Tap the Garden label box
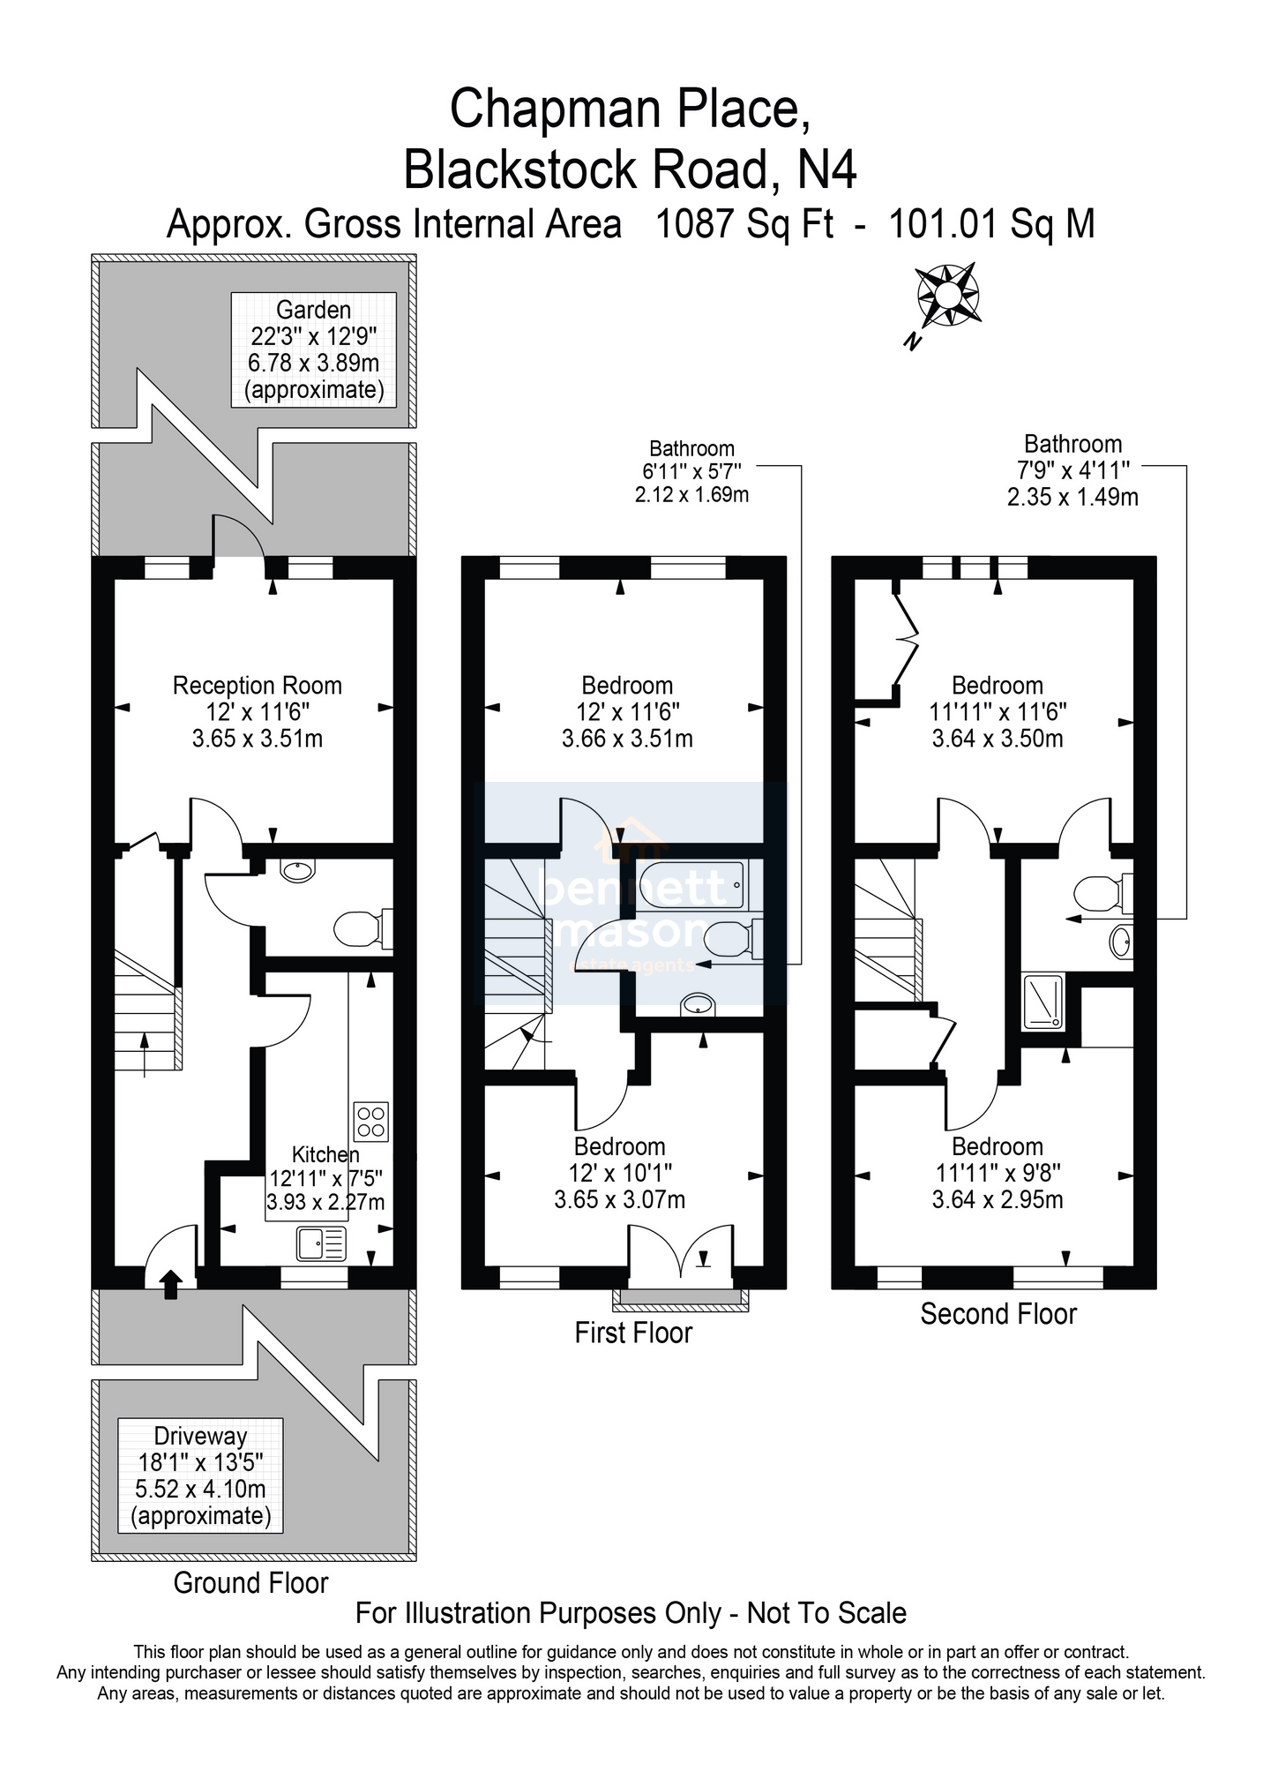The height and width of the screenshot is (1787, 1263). point(314,349)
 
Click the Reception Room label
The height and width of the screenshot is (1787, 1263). point(257,686)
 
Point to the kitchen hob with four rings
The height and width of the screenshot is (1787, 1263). point(371,1121)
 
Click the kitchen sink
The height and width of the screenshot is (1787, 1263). point(322,1244)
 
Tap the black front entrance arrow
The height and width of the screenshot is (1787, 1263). point(171,1285)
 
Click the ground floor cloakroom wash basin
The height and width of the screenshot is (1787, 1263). point(296,870)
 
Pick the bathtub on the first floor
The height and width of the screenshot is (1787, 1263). point(692,884)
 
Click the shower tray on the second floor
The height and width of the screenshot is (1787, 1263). point(1044,1002)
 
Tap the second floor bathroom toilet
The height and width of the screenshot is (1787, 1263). point(1103,893)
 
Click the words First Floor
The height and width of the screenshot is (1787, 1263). point(633,1332)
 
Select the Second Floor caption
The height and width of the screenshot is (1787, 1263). point(998,1314)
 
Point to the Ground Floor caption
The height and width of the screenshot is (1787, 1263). point(250,1583)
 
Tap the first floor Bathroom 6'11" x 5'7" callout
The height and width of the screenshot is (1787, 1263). point(691,471)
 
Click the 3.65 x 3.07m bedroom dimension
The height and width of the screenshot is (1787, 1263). point(620,1200)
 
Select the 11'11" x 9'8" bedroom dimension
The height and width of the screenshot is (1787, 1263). point(998,1173)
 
